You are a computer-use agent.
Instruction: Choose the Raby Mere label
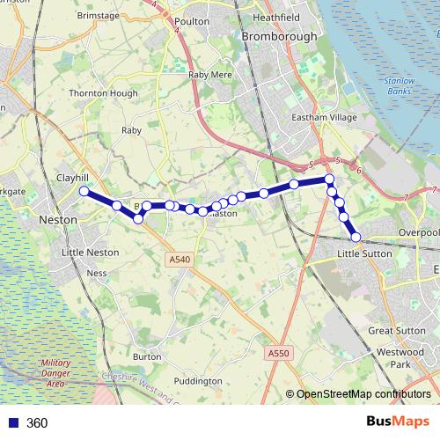[210, 76]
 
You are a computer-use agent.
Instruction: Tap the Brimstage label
[98, 16]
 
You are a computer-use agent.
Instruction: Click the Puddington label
[198, 381]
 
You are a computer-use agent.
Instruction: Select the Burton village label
[146, 356]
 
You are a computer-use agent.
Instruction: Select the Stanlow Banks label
[399, 86]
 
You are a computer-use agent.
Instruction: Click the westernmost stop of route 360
[84, 191]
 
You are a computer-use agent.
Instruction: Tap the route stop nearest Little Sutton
[356, 237]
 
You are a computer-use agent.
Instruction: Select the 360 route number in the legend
[37, 422]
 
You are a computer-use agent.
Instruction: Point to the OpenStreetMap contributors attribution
[363, 394]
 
